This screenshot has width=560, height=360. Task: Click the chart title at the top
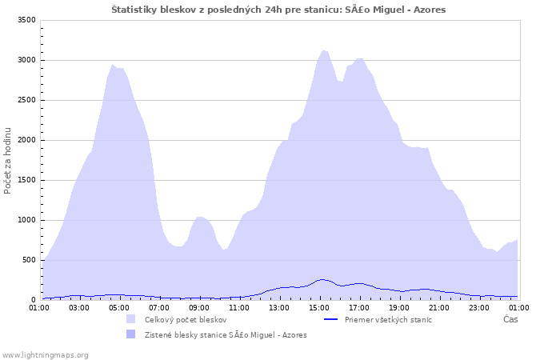click(278, 10)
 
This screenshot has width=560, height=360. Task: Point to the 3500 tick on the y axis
click(26, 20)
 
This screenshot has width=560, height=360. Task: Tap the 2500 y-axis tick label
click(26, 100)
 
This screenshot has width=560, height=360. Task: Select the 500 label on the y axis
click(29, 260)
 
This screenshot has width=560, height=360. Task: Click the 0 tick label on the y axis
click(34, 300)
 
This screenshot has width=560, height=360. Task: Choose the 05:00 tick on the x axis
click(119, 308)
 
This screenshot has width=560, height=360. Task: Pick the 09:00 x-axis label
click(199, 308)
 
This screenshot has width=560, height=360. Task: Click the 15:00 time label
click(319, 308)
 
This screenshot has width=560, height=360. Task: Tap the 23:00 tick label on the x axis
click(479, 308)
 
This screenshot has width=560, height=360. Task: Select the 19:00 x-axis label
click(399, 308)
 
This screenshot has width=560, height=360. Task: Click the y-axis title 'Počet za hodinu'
click(7, 161)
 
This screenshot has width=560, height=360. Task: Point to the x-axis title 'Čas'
click(510, 319)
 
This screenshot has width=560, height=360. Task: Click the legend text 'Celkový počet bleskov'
click(186, 320)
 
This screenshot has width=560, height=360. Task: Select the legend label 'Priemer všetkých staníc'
click(388, 320)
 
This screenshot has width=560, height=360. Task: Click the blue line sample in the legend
click(330, 319)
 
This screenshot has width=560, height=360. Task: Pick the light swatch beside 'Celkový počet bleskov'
click(130, 319)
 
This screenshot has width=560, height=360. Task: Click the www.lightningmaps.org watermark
click(44, 355)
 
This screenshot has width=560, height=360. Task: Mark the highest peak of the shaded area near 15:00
click(323, 50)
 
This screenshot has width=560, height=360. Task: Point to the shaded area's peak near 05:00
click(113, 65)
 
